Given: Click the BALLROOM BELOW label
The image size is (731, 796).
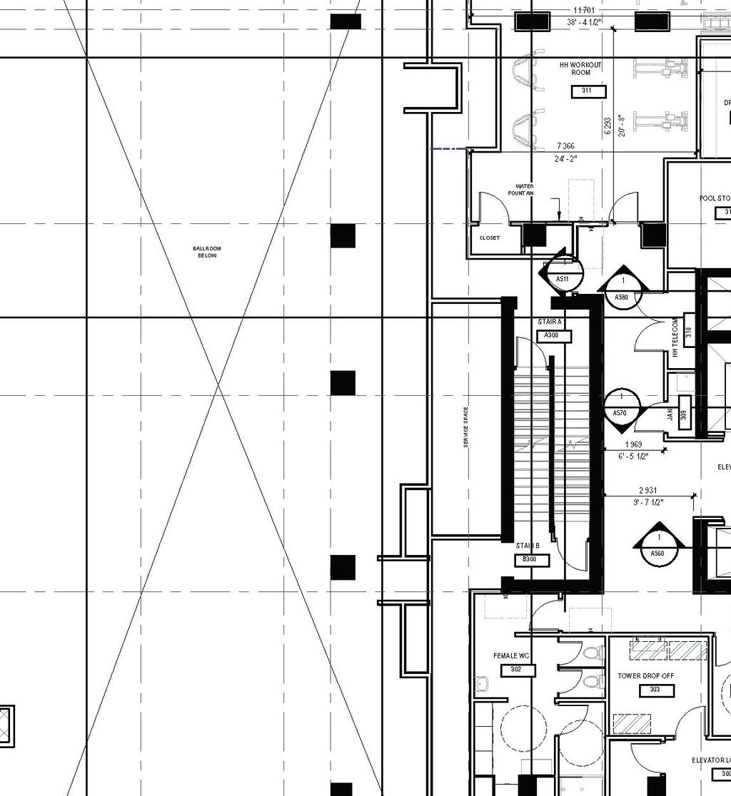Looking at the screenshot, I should [205, 252].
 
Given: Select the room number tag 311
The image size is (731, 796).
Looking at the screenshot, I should [588, 91].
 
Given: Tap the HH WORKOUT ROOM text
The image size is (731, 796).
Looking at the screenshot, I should [580, 68].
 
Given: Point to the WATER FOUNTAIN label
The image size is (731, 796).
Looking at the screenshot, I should [520, 190].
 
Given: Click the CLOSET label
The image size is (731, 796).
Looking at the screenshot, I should [490, 238].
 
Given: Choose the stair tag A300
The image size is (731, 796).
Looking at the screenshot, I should [553, 335].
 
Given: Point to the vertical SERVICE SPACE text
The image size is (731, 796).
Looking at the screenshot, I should [465, 427].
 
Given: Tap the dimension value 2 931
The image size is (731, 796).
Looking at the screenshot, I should [647, 491].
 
